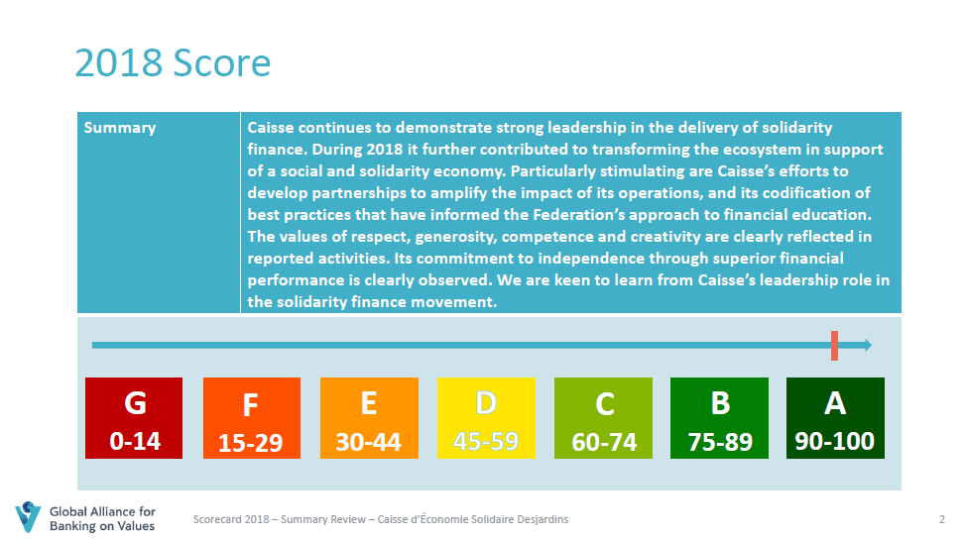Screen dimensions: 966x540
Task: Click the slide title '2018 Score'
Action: point(173,62)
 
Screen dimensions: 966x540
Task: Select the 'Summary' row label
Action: point(120,128)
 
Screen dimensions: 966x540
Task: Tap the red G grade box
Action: point(134,418)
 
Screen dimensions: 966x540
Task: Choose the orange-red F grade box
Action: point(252,418)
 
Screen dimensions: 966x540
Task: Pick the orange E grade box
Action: point(369,418)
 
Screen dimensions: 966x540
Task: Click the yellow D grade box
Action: point(486,418)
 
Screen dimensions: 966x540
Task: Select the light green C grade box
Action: point(603,418)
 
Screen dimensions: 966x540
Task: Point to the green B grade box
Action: point(720,418)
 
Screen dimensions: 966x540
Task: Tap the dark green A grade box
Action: point(835,418)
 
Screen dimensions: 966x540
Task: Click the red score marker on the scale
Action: point(834,346)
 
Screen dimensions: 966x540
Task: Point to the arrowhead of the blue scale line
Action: point(868,346)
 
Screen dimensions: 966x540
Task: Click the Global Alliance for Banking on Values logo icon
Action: point(28,517)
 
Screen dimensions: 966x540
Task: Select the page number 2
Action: point(942,519)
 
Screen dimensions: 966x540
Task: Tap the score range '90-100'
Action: point(835,441)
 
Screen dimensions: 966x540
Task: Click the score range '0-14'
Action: point(135,441)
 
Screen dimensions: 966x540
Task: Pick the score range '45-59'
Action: point(486,441)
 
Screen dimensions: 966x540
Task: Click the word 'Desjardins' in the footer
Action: point(543,519)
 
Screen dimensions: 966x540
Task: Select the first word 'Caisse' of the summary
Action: point(270,128)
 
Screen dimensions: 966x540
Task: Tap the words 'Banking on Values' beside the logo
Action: point(102,526)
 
